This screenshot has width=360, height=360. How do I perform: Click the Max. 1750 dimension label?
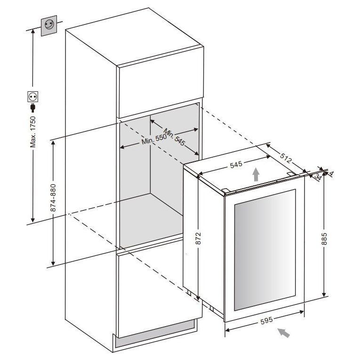(x=33, y=132)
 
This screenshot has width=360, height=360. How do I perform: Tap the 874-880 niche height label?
(x=53, y=198)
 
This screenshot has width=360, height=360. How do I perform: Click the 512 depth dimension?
(x=286, y=157)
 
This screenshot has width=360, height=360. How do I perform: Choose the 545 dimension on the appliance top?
(x=236, y=164)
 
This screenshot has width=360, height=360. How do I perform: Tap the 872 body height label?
(x=199, y=238)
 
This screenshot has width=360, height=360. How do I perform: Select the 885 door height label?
(x=324, y=239)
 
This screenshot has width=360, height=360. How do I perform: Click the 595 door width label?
(x=266, y=320)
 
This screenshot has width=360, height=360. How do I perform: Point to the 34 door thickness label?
(x=318, y=177)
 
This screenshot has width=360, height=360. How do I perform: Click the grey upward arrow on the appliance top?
(x=256, y=174)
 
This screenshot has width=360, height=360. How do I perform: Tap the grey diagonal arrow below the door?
(x=284, y=333)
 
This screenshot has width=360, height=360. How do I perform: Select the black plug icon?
(x=33, y=108)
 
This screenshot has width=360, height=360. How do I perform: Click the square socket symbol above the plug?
(x=33, y=96)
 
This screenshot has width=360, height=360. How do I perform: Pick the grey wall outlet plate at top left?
(x=49, y=25)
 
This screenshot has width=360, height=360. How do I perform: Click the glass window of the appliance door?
(x=265, y=250)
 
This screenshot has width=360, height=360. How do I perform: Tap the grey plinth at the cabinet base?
(x=155, y=334)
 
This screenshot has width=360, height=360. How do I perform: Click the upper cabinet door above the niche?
(x=161, y=82)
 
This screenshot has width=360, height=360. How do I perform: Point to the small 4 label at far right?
(x=331, y=174)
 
